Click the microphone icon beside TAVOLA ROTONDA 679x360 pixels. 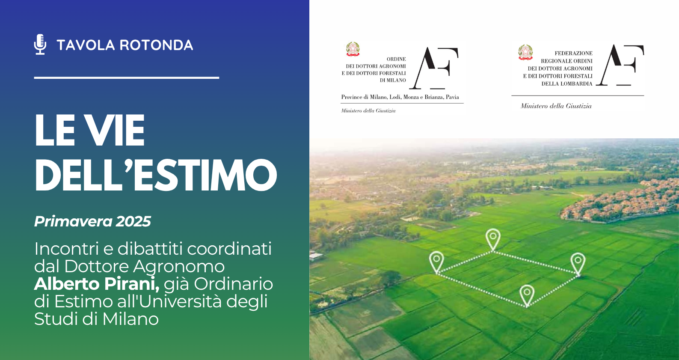click(x=40, y=44)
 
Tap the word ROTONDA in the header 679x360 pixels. click(x=156, y=45)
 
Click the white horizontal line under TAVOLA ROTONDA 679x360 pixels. click(x=126, y=78)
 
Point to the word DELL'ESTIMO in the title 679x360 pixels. click(x=156, y=175)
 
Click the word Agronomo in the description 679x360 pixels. click(x=178, y=267)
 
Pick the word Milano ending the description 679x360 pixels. click(x=130, y=319)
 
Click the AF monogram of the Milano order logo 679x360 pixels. click(x=434, y=68)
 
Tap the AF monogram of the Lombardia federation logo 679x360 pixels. click(x=620, y=65)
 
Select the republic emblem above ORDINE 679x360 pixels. click(x=353, y=49)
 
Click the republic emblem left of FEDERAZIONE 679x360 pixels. click(x=525, y=52)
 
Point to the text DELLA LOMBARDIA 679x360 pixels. click(x=567, y=84)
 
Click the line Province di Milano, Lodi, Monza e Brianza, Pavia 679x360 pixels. click(x=400, y=97)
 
